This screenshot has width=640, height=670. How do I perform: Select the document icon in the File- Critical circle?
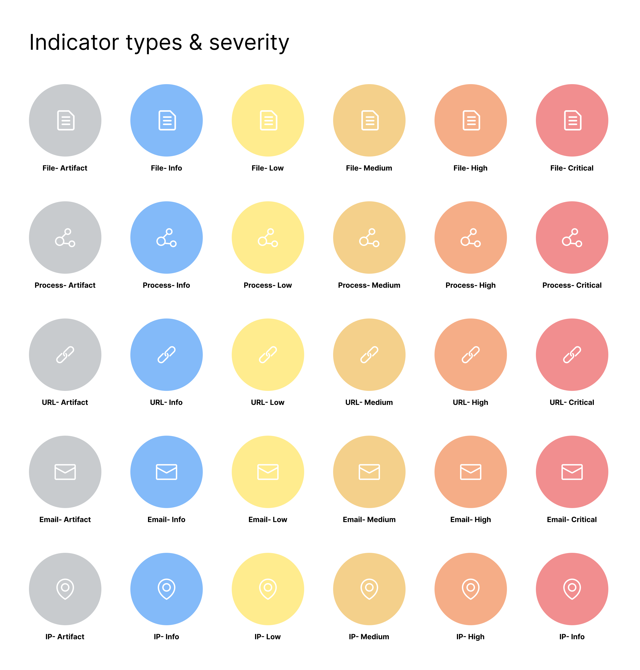[573, 120]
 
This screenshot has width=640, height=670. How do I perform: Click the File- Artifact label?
[65, 168]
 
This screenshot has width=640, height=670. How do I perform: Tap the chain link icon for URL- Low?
[268, 355]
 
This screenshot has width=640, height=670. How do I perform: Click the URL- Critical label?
[572, 402]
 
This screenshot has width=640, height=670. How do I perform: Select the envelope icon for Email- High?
[470, 472]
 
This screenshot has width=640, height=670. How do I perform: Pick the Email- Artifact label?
[65, 519]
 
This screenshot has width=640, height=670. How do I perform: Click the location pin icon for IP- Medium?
[369, 589]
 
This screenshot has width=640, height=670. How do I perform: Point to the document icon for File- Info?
[167, 120]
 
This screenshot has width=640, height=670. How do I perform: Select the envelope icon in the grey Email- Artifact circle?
[65, 472]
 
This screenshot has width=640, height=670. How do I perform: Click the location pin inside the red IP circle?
[572, 589]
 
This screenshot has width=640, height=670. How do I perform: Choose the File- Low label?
[267, 168]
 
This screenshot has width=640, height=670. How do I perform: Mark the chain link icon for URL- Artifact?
[65, 355]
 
